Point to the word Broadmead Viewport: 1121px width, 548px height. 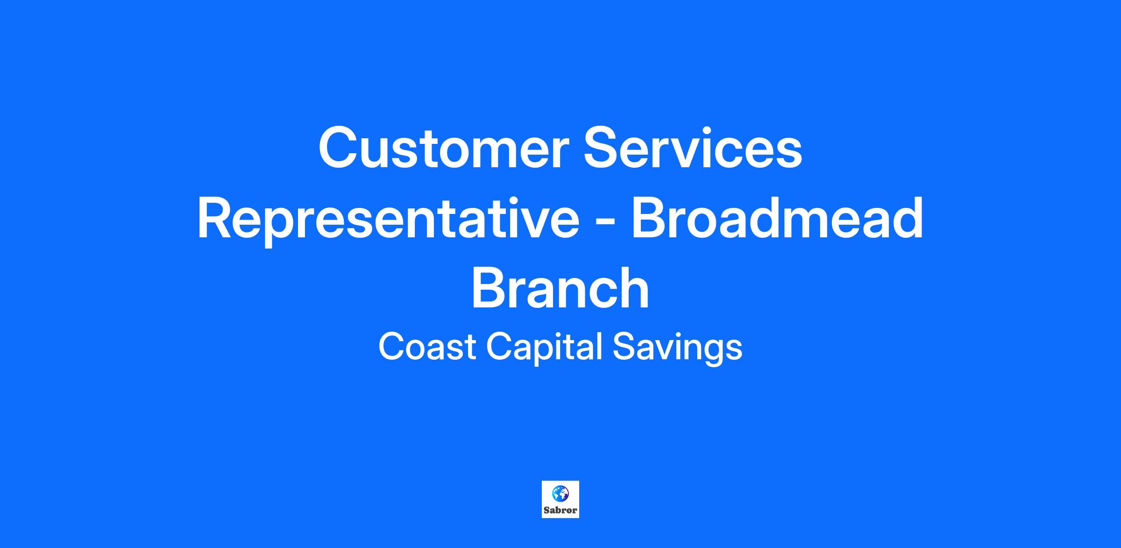coord(777,218)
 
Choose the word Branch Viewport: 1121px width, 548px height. coord(560,288)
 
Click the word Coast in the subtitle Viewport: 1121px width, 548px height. coord(427,347)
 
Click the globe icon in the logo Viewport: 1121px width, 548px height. coord(560,493)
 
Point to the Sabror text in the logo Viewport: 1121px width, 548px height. coord(560,511)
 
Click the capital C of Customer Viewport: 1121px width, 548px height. coord(338,148)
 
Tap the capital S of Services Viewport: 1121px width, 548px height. coord(602,148)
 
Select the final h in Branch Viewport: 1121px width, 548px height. coord(633,287)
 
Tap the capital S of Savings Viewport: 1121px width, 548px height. coord(624,347)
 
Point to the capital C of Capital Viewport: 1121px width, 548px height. coord(500,347)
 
